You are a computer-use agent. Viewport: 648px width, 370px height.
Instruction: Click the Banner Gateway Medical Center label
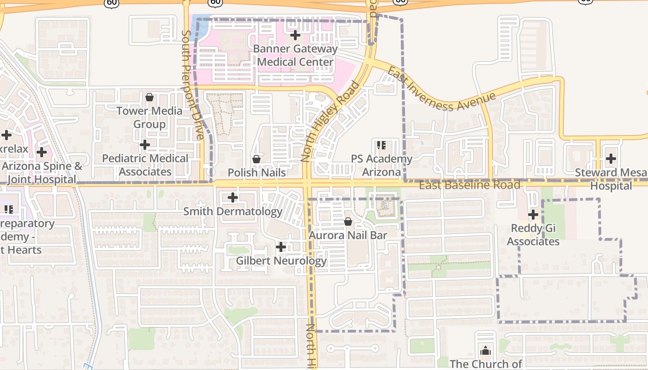coord(295,55)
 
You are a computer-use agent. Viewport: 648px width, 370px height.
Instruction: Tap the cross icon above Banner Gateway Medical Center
coord(295,35)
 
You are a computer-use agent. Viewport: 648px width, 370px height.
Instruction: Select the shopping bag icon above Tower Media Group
coord(150,97)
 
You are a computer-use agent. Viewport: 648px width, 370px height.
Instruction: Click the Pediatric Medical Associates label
coord(145,165)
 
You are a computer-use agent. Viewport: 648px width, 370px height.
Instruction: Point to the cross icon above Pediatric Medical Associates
coord(145,145)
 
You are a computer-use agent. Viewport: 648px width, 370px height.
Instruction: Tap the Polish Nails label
coord(256,172)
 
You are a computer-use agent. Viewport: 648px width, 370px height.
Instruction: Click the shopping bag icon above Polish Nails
coord(256,159)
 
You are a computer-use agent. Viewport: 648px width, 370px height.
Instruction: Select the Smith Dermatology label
coord(233,211)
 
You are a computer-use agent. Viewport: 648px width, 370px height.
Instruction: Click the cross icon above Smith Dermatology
coord(233,198)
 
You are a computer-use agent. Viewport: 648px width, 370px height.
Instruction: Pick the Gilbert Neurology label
coord(281,260)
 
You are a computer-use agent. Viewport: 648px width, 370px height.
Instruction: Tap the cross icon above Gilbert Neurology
coord(281,247)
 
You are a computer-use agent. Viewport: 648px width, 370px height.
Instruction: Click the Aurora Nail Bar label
coord(348,235)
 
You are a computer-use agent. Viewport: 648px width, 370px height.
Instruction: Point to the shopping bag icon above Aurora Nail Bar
coord(348,222)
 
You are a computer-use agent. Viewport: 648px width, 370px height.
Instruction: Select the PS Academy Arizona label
coord(381,165)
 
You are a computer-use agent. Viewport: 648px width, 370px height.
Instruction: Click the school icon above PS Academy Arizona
coord(381,145)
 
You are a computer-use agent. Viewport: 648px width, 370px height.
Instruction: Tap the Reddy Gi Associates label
coord(533,235)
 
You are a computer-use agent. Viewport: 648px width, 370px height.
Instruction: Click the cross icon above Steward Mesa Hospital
coord(611,159)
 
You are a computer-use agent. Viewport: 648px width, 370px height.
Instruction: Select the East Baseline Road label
coord(469,185)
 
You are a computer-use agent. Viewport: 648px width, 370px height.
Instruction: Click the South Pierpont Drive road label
coord(193,85)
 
